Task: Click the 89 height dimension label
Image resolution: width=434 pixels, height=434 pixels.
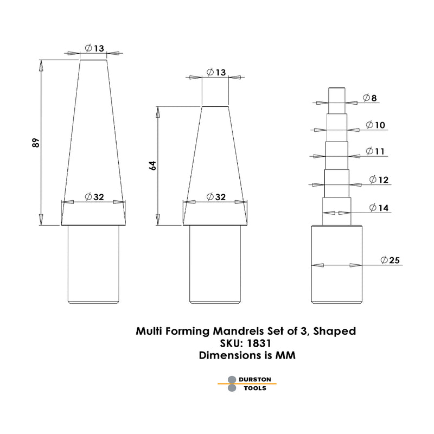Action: (36, 143)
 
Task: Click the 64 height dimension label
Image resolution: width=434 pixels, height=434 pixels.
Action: (153, 165)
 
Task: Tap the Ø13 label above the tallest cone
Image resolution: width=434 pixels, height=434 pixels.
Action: (94, 48)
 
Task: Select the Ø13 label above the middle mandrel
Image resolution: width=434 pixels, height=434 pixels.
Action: (216, 73)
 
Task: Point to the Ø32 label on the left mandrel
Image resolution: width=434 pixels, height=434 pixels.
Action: (94, 197)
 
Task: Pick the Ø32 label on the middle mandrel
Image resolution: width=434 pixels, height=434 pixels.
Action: (216, 197)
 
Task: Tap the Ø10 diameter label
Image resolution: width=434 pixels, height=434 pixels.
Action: (375, 125)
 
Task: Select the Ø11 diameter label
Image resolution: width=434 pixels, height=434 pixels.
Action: (375, 151)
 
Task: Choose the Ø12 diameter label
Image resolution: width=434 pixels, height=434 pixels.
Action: (378, 180)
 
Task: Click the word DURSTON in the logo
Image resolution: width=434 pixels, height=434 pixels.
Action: (255, 379)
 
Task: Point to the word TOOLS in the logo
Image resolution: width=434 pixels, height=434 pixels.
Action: (253, 388)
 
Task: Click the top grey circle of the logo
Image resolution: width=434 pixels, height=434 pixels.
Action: (232, 379)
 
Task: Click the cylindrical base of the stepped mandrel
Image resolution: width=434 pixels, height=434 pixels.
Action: (337, 263)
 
